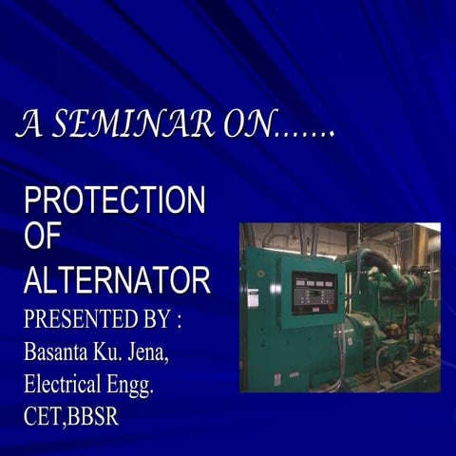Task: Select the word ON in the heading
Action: click(x=245, y=123)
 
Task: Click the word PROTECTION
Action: click(x=114, y=200)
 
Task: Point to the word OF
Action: click(x=42, y=238)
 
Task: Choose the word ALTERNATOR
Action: click(x=117, y=280)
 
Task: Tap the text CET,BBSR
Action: click(x=71, y=417)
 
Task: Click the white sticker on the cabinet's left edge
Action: click(x=253, y=298)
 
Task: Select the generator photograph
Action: click(x=339, y=307)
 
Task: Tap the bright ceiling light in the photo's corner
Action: click(x=428, y=229)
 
